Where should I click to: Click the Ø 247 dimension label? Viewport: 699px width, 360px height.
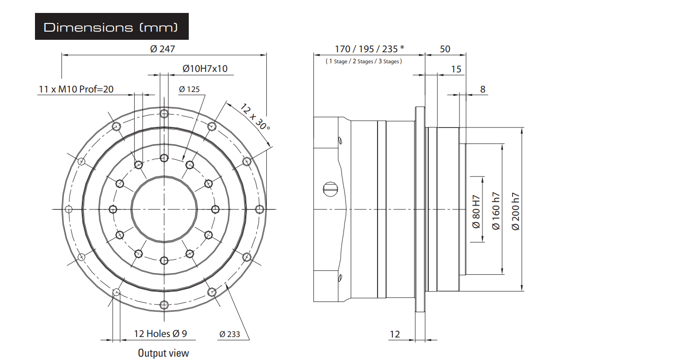[162, 49]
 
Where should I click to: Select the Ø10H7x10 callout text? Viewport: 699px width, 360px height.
[205, 69]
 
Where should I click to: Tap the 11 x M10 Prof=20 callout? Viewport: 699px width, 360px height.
[76, 89]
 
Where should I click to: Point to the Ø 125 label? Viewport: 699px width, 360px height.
[189, 89]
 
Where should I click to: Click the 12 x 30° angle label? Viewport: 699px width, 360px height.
[254, 117]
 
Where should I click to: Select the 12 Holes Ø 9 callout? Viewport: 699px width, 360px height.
[160, 334]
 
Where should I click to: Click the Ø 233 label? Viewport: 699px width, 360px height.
[229, 335]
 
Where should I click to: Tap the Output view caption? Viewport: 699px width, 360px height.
[163, 353]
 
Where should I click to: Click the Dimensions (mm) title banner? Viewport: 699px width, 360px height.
[112, 26]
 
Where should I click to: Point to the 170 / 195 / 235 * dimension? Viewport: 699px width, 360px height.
[369, 49]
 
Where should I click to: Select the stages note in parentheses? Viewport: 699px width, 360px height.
[364, 61]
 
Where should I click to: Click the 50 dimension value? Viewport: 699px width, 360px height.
[445, 49]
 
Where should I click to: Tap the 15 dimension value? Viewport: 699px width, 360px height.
[456, 70]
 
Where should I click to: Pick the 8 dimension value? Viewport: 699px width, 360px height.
[483, 89]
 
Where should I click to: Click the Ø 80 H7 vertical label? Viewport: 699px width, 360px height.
[476, 212]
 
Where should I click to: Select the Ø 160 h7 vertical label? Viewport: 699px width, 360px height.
[496, 211]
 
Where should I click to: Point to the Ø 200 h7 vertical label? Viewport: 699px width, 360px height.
[516, 211]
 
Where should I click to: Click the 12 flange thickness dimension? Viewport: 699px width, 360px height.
[395, 335]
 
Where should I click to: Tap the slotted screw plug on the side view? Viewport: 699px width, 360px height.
[330, 189]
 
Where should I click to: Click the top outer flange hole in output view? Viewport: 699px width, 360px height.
[164, 113]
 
